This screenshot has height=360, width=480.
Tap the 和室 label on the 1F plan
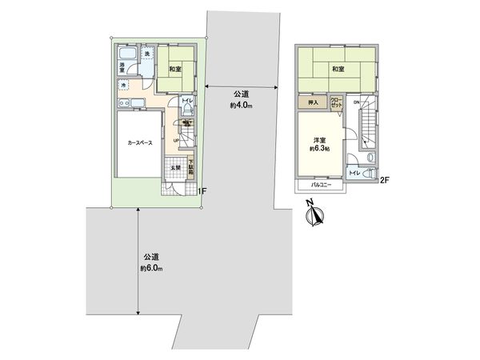(174, 69)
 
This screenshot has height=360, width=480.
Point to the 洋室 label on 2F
(318, 139)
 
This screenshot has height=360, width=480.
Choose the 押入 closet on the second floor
(310, 102)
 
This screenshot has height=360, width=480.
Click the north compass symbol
(315, 216)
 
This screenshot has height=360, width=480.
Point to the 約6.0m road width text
(151, 268)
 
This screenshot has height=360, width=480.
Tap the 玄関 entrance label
(174, 168)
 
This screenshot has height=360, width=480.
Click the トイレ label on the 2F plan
(353, 172)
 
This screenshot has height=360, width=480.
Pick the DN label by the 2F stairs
(357, 102)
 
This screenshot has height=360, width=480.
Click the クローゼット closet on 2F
(336, 102)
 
